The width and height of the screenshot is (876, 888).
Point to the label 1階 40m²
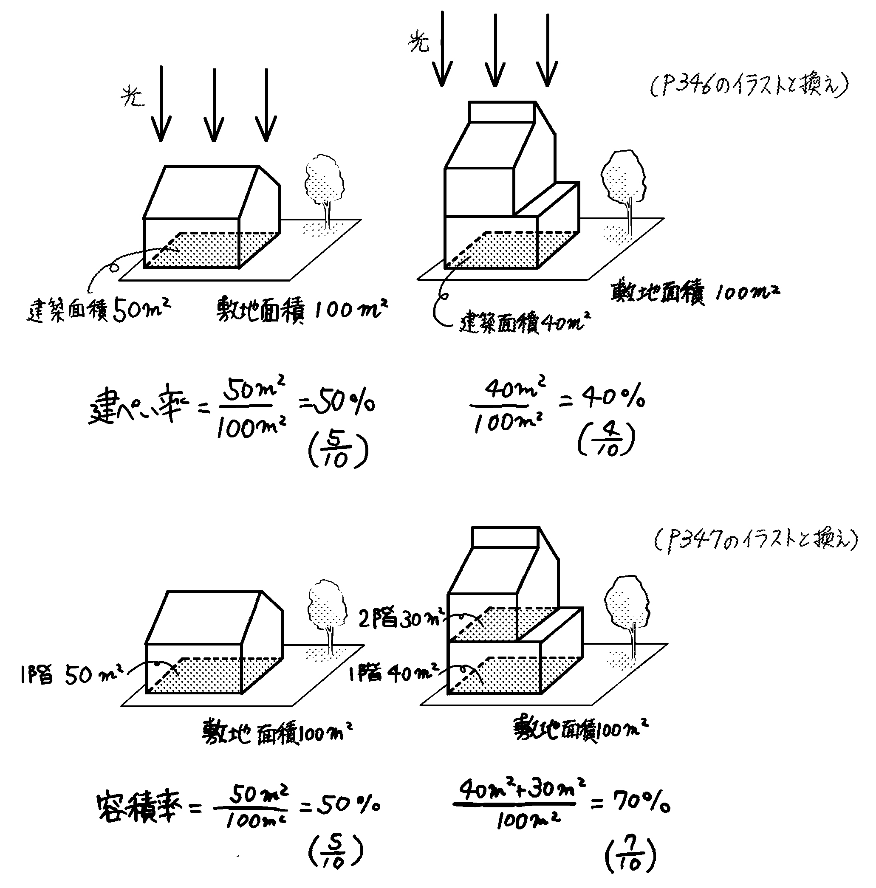coord(393,674)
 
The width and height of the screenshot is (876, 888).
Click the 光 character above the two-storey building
coord(418,44)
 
